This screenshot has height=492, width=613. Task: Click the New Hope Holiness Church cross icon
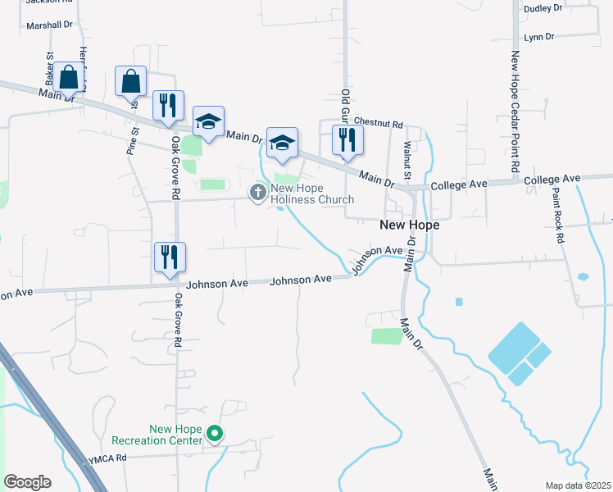(x=257, y=193)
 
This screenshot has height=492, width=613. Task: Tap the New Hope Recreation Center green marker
(x=215, y=433)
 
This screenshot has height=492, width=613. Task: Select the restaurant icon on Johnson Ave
(x=170, y=257)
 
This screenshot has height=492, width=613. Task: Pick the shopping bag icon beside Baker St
(x=70, y=78)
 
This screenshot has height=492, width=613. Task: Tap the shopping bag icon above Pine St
(x=130, y=81)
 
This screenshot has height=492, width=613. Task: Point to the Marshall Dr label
(x=49, y=25)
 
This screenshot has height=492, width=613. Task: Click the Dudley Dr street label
(x=542, y=7)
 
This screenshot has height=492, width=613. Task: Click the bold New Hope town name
(x=409, y=225)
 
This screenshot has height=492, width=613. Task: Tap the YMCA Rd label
(x=109, y=458)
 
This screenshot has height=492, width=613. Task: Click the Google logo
(x=27, y=482)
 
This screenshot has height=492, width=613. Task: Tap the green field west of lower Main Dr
(x=382, y=335)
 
